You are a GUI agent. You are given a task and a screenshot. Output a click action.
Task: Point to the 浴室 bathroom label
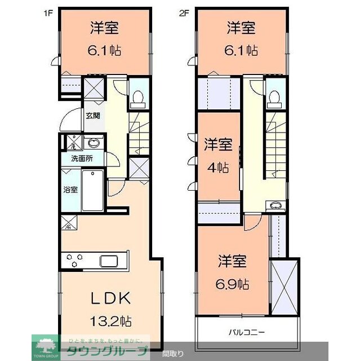tap(70, 190)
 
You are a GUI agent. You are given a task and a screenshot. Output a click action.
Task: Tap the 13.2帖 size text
tap(111, 322)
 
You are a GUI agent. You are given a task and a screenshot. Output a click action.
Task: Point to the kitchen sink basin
tap(110, 261)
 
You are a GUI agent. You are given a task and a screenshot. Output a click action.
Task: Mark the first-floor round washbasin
tap(92, 142)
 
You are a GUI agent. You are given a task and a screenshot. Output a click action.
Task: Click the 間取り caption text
tap(172, 354)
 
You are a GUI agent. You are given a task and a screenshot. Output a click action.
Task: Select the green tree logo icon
tap(43, 344)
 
